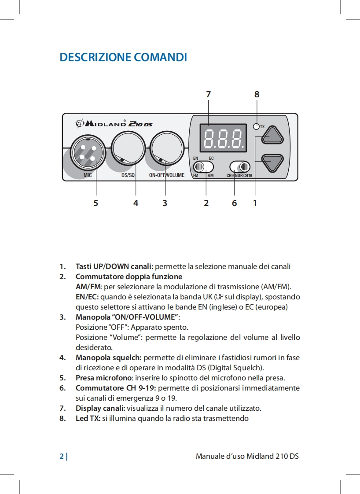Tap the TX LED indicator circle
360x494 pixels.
point(256,127)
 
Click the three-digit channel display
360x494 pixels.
point(223,137)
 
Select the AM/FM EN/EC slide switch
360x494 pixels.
point(203,167)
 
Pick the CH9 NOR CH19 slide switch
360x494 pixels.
point(240,167)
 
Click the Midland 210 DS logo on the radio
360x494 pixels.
point(114,123)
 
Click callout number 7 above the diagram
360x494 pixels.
point(208,94)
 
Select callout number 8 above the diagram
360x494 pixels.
point(257,94)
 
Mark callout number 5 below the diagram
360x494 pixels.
point(96,203)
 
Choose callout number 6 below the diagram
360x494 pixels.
point(234,203)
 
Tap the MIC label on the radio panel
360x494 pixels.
point(88,175)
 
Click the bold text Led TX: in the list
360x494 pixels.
point(88,418)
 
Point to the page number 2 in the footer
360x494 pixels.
point(62,456)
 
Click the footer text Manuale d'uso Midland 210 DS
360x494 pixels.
point(247,456)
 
